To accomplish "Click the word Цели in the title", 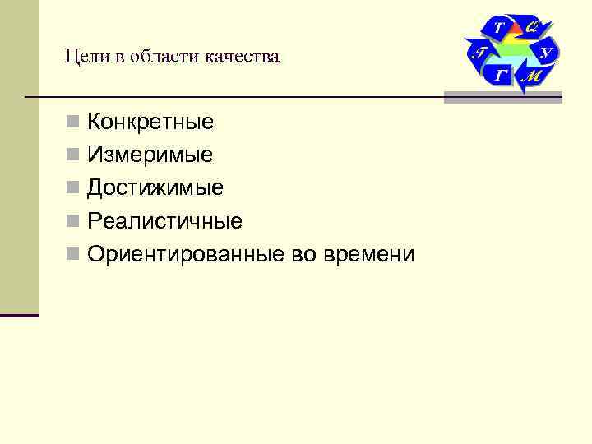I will (x=82, y=58).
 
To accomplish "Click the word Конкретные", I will (x=150, y=123).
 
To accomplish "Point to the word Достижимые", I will (x=155, y=187).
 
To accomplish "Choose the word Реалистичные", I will (x=164, y=220).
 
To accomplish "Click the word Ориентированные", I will (x=186, y=254).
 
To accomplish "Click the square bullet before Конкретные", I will (x=74, y=123).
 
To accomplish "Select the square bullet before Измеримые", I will (x=74, y=155).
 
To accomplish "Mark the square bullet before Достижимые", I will (x=74, y=188).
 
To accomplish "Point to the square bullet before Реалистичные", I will (x=74, y=221).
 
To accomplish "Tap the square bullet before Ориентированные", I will (x=74, y=255).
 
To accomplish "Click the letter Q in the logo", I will (x=532, y=26).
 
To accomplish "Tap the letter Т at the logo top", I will (x=498, y=27).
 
